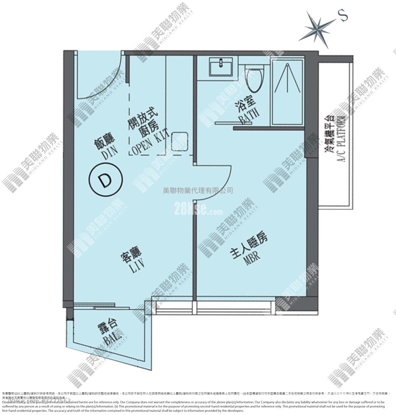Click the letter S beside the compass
[343, 16]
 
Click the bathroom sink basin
[221, 67]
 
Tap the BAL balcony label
[109, 341]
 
